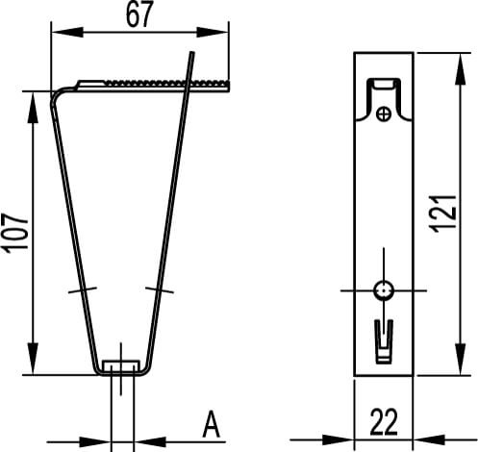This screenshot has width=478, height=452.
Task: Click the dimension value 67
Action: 139,14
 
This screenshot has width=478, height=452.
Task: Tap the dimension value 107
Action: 15,233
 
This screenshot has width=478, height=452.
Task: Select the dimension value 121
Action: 444,213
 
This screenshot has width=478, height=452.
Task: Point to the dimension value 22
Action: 384,422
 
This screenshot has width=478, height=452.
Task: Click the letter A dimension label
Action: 212,424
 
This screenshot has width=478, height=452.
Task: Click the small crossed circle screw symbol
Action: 384,113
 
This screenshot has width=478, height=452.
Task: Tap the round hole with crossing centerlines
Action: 384,290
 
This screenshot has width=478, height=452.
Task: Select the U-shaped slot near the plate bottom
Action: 384,341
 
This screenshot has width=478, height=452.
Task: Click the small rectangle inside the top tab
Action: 384,85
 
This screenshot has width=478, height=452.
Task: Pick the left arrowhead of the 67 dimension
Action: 67,32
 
